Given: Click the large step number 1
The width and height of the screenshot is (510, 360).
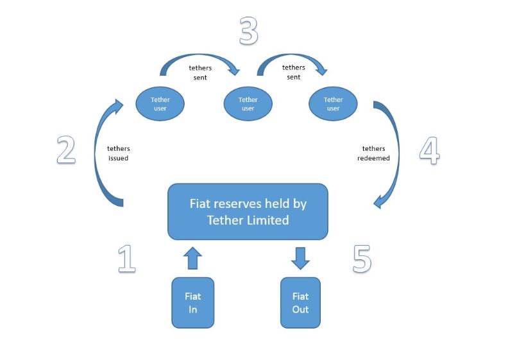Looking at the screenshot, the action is [127, 259].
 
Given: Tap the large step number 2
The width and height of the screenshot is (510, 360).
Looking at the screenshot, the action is [66, 150].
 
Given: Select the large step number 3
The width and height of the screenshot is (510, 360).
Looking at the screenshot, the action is [249, 31].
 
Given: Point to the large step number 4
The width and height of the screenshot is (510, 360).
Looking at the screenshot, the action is [430, 150].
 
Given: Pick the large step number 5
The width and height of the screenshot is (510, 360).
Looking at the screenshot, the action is [362, 259].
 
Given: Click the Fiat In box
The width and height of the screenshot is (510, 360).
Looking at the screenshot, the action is [193, 303].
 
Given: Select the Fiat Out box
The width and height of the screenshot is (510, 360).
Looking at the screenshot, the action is [300, 303].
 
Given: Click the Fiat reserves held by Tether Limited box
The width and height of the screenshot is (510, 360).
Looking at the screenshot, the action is [248, 212].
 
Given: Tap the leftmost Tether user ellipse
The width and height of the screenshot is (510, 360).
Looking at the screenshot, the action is [160, 104].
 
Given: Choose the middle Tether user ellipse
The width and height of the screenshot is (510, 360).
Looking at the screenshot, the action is [248, 104].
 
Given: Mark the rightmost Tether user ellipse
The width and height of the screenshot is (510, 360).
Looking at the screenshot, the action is [333, 104].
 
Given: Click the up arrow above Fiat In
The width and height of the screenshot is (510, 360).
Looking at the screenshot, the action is [192, 258].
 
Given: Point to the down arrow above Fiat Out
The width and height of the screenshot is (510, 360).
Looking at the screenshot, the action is [300, 259].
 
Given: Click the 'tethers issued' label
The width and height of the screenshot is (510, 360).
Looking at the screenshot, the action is [119, 153].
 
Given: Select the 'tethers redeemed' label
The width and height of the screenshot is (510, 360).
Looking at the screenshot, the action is [373, 153].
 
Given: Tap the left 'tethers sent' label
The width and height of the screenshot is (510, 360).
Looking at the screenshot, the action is [200, 73].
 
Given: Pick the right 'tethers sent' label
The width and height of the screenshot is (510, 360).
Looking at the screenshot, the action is [294, 72].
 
